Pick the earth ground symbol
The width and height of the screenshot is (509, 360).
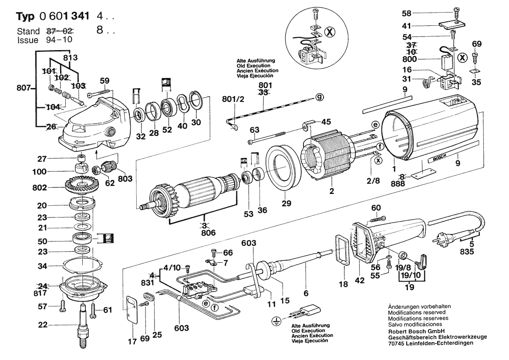coord(275,322)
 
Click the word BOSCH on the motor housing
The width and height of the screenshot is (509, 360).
coord(439,159)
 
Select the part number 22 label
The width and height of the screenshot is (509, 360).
coord(54,324)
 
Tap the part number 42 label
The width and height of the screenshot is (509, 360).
coord(359,282)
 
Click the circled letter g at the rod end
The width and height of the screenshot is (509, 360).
coord(320,97)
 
